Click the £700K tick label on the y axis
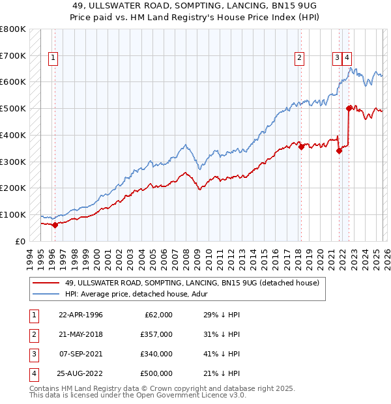[x=13, y=56]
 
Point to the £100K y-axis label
[x=13, y=214]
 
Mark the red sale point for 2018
[x=301, y=147]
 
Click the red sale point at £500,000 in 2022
[x=349, y=109]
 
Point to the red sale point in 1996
[x=55, y=225]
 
